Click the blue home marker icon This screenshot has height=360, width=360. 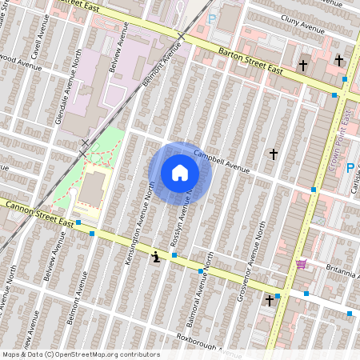point(180,173)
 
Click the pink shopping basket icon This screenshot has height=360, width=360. point(301,264)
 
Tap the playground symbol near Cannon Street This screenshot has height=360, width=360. point(154,257)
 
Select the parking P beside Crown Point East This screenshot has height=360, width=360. point(350,167)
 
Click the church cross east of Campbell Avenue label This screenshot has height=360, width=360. point(273,153)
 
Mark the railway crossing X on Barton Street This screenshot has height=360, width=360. point(182,37)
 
